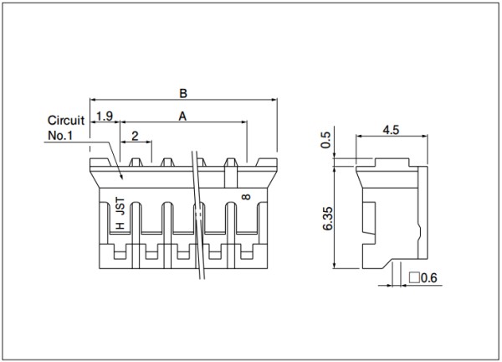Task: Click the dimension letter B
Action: pos(182,93)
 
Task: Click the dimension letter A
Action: pos(182,116)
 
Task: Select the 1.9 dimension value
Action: pos(105,116)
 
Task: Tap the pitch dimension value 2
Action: pos(135,136)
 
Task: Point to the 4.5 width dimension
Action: pos(391,130)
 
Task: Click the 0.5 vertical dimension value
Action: pos(325,140)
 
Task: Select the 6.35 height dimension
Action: pos(328,219)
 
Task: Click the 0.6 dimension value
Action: pos(428,277)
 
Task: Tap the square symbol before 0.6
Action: pos(414,277)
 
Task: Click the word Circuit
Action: pos(66,120)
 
